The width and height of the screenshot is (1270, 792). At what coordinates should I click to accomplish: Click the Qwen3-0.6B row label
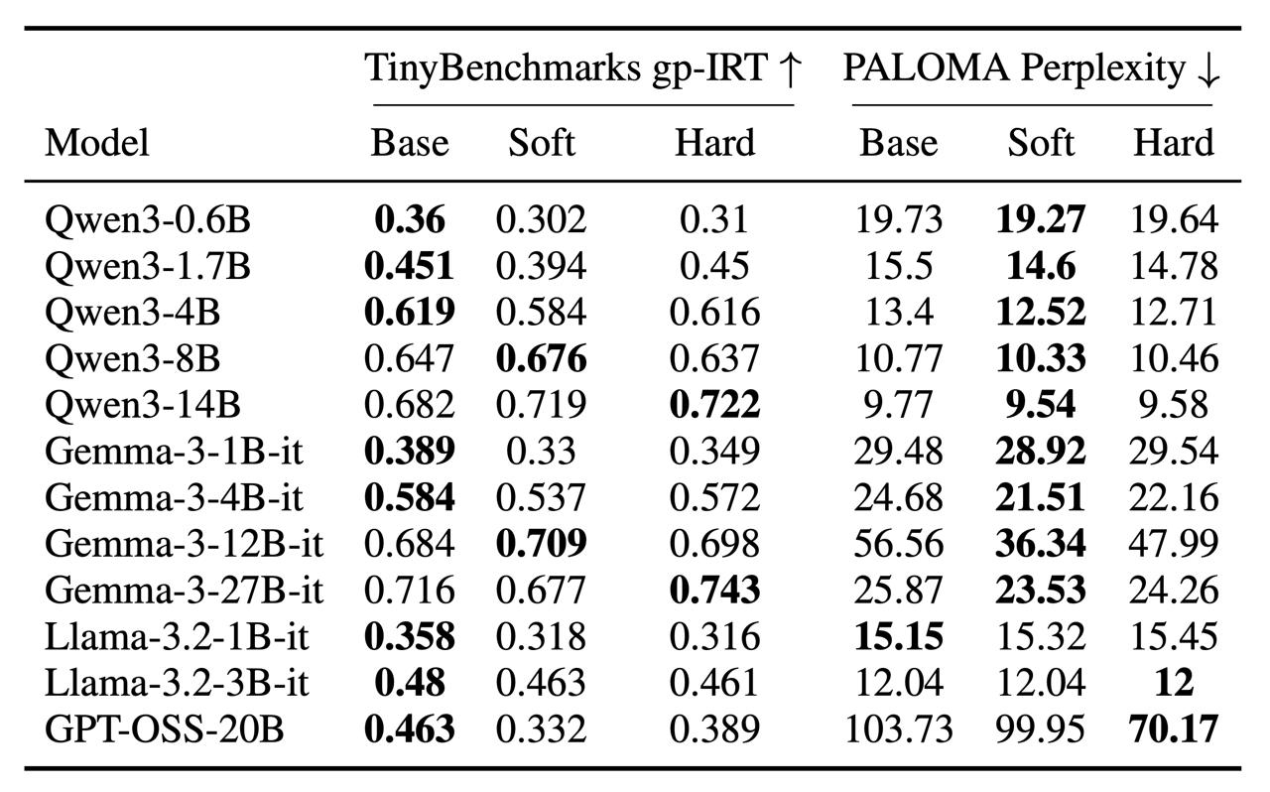(148, 219)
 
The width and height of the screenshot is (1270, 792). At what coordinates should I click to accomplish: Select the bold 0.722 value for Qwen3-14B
(714, 405)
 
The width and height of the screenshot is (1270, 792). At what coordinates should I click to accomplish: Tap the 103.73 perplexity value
(899, 729)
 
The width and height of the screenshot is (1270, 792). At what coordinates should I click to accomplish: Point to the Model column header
(97, 142)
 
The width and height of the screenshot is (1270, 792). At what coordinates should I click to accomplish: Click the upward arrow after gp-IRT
(790, 69)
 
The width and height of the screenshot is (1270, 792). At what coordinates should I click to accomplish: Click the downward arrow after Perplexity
(1207, 70)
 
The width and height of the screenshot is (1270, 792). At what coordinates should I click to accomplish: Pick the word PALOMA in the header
(926, 68)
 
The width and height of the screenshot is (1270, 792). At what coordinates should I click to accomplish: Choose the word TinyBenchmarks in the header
(502, 68)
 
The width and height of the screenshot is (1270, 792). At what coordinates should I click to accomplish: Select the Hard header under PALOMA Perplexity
(1174, 142)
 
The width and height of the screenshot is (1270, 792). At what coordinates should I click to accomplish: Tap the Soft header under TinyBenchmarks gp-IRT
(542, 142)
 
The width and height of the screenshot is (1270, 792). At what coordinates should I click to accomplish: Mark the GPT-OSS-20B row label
(164, 729)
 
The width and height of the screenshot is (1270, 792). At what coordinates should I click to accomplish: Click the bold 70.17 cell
(1174, 729)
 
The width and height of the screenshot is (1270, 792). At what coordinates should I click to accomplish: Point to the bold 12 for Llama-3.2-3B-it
(1174, 683)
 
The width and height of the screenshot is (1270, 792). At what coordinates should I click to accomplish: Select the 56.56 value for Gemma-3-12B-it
(899, 544)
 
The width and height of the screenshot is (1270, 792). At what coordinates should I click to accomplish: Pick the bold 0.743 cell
(714, 590)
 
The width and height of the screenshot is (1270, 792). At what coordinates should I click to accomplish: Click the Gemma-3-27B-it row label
(184, 590)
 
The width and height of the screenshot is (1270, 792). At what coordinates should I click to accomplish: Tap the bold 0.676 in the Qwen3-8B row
(542, 358)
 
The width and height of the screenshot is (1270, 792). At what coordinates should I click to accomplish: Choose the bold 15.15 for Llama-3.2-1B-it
(899, 636)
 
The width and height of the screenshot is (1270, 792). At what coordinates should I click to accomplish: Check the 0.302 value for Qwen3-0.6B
(542, 219)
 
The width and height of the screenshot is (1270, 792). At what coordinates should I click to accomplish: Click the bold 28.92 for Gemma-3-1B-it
(1041, 451)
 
